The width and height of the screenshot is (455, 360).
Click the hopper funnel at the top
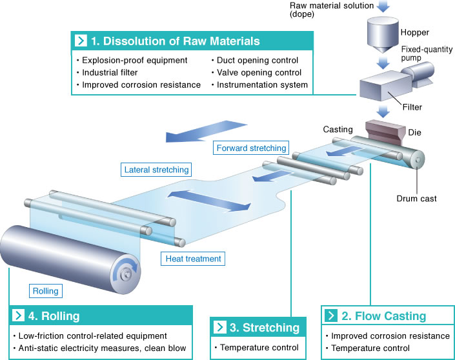pos(383,35)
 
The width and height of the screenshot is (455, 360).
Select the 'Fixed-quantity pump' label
pos(427,54)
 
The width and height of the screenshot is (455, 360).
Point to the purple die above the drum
pos(385,130)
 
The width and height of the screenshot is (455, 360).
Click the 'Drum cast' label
pos(416,199)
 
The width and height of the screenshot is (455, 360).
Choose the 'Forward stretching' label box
pos(251,148)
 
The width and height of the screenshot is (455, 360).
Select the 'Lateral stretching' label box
pos(156,170)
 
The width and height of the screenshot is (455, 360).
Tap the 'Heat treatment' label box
pos(193,259)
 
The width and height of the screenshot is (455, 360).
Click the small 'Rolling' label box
pos(46,291)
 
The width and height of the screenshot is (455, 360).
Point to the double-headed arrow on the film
pos(209,200)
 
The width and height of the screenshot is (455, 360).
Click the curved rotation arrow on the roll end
pos(125,268)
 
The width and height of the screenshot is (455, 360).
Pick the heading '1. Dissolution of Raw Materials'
pos(176,41)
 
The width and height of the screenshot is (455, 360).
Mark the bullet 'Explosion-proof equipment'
pos(132,61)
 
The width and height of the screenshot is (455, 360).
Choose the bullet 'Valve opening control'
pos(256,72)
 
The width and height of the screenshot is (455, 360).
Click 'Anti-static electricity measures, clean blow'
pos(99,348)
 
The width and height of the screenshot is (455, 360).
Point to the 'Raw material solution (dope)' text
pos(332,10)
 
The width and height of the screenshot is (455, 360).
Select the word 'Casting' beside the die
pos(338,130)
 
